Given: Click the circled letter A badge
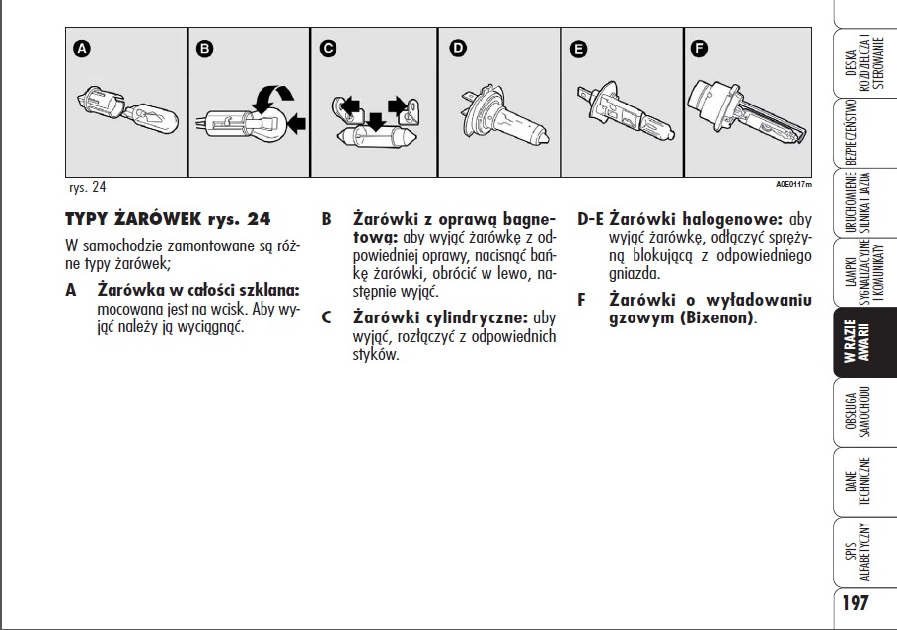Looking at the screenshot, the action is point(82,49).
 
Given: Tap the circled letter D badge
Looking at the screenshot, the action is point(458,48).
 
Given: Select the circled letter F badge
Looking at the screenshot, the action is point(699,48).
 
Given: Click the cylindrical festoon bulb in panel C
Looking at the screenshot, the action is point(375,137).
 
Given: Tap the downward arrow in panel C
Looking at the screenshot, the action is point(375,121).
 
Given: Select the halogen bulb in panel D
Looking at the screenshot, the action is point(502,118).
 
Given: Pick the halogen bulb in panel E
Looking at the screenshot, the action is point(626,114).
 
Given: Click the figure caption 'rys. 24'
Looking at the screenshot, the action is point(88,187).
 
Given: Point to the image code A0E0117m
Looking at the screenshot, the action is point(793,184).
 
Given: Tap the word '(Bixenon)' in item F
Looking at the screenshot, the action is point(716,317).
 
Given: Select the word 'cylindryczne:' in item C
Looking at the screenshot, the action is point(477,317).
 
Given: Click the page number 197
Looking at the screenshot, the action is point(856,602).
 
